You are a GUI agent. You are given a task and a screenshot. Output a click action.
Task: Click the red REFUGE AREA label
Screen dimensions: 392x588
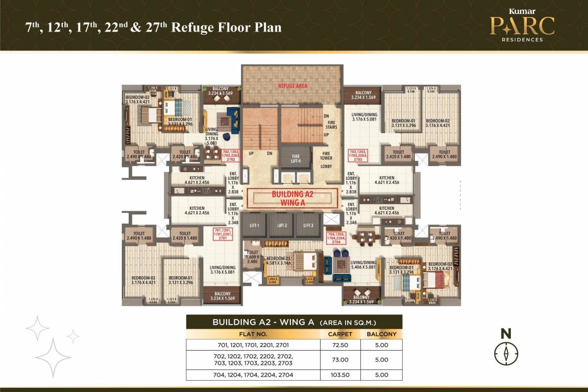pyautogui.click(x=292, y=86)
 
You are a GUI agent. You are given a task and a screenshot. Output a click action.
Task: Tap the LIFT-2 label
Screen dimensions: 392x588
pyautogui.click(x=282, y=225)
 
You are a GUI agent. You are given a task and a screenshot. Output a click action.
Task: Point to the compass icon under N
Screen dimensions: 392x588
pyautogui.click(x=506, y=353)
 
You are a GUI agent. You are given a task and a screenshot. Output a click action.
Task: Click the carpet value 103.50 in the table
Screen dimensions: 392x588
pyautogui.click(x=340, y=375)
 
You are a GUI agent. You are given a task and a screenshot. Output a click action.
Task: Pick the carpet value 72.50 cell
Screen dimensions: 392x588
pyautogui.click(x=340, y=345)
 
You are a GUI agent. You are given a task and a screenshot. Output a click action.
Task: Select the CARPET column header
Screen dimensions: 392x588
pyautogui.click(x=340, y=334)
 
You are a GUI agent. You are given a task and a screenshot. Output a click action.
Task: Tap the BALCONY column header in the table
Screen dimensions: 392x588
pyautogui.click(x=381, y=334)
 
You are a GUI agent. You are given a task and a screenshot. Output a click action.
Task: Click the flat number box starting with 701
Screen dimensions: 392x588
pyautogui.click(x=223, y=234)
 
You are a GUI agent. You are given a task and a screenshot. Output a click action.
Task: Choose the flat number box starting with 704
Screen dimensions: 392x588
pyautogui.click(x=336, y=238)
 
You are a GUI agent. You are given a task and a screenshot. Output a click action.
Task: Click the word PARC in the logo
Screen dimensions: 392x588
pyautogui.click(x=522, y=26)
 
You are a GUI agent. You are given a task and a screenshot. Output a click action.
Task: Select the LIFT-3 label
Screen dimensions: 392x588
pyautogui.click(x=308, y=225)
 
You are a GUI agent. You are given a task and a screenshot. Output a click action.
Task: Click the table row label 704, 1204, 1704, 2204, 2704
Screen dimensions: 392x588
pyautogui.click(x=253, y=375)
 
